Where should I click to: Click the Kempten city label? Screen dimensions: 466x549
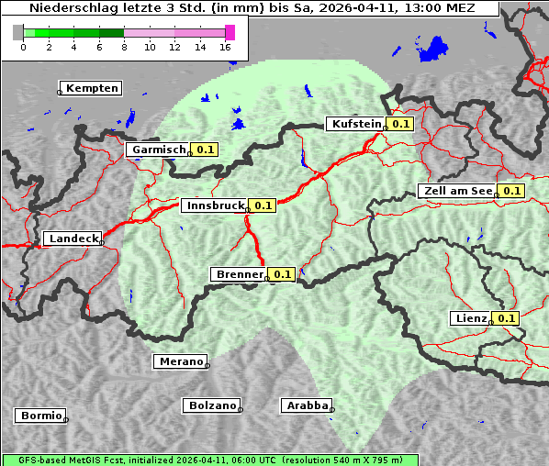point(92,88)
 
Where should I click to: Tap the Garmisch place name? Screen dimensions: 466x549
point(159,149)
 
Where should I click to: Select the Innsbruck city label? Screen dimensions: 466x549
point(215,205)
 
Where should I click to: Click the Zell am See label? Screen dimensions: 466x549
point(456,191)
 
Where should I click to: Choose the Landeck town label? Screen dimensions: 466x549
point(73,239)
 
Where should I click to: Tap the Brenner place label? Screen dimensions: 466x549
point(239,273)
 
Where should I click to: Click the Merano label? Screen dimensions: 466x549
point(180,361)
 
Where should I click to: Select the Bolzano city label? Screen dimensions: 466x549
point(212,405)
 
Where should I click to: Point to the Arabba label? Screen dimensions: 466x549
point(306,405)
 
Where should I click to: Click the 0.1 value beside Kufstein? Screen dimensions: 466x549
point(400,124)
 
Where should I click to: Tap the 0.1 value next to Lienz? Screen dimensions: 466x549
point(506,318)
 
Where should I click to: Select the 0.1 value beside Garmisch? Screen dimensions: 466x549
point(205,149)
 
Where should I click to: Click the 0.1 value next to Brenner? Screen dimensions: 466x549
point(282,273)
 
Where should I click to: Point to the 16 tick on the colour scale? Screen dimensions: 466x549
point(225,47)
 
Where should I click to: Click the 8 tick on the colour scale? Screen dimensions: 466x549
point(124,47)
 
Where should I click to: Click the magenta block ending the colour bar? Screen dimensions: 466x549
point(230,32)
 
